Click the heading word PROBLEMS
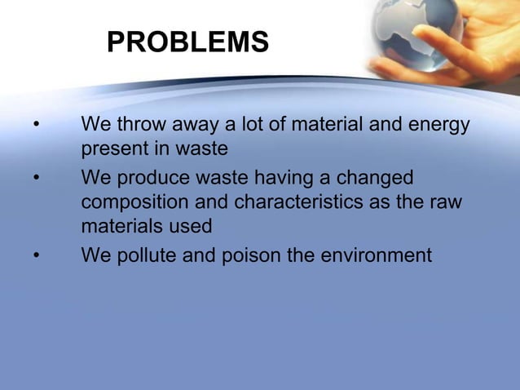(187, 42)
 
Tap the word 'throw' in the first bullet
(142, 125)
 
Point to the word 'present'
(112, 150)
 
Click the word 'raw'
(445, 202)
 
